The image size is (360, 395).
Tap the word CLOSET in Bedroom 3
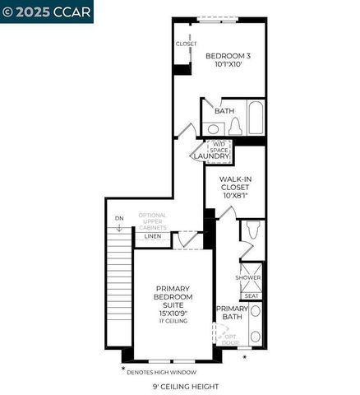(186, 44)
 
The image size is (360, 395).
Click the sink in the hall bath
(212, 129)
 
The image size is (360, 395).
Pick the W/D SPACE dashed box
(219, 146)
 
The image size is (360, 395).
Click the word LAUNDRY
(209, 156)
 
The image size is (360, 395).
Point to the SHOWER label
(247, 277)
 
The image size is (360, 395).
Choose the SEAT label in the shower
(251, 295)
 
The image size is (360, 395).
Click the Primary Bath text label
(231, 312)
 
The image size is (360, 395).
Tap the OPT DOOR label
(230, 339)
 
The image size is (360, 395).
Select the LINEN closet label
(153, 236)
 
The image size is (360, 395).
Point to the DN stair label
(118, 217)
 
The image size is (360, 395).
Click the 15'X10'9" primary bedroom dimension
(173, 312)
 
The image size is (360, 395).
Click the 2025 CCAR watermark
(47, 11)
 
